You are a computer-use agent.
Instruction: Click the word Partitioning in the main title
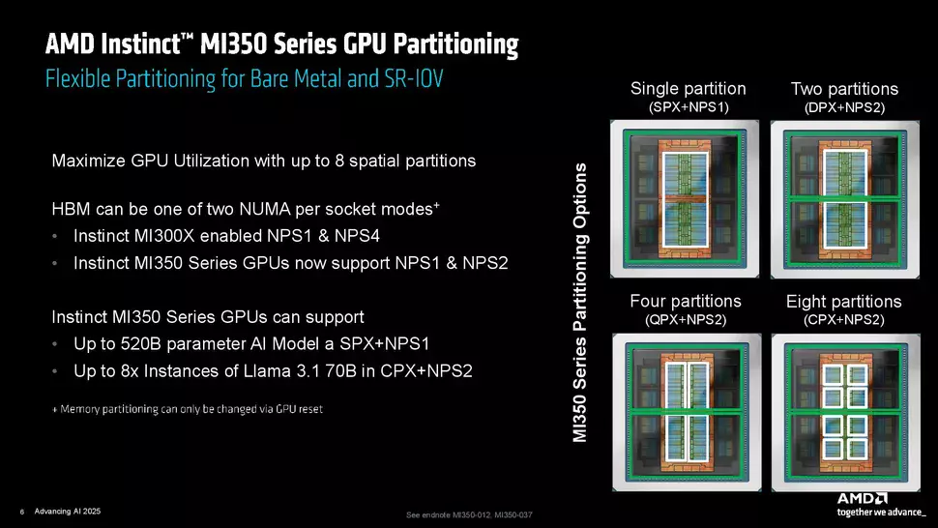pos(455,44)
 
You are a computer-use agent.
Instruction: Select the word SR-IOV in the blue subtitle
pos(413,79)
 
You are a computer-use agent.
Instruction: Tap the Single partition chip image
pos(685,198)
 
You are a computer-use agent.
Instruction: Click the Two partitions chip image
pos(844,199)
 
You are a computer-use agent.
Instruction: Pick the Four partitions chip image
pos(687,412)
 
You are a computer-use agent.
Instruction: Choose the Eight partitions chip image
pos(846,413)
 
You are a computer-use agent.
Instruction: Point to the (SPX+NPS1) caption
pos(689,107)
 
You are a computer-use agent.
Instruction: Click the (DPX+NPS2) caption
pos(844,107)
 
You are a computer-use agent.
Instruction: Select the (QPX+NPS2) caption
pos(686,320)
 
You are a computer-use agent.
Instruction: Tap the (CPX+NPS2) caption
pos(844,320)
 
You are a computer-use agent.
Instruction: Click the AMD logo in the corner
pos(862,498)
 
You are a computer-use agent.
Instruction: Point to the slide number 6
pos(22,512)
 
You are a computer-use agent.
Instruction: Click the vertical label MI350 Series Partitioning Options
pos(579,303)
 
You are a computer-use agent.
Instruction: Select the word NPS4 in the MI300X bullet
pos(357,236)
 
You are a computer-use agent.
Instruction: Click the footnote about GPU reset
pos(188,409)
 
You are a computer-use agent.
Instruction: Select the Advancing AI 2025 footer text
pos(68,512)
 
